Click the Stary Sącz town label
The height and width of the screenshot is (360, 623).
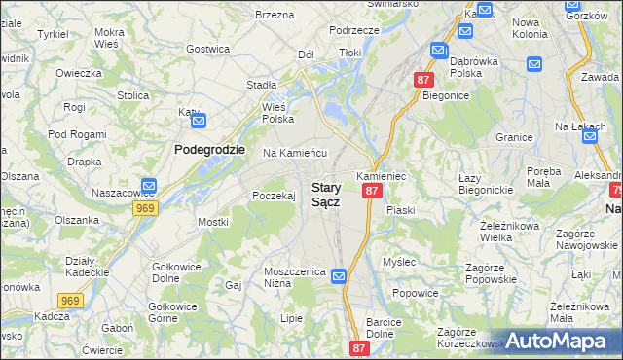point(326,194)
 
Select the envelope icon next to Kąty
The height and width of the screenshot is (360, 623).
point(199,122)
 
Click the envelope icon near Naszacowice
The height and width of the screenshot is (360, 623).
point(149,186)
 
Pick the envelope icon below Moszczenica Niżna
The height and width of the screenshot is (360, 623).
point(338,277)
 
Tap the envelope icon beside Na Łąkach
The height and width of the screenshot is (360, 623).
point(590,137)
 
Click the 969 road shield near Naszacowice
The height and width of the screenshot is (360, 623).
point(146,208)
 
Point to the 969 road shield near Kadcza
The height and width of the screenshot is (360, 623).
point(69,302)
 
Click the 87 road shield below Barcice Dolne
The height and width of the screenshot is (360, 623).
point(360,348)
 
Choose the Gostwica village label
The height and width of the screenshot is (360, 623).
point(207,49)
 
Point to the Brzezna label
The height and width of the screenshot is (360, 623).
point(275,15)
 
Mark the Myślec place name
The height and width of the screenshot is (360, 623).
point(399,262)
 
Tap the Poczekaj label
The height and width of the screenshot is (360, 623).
point(274,196)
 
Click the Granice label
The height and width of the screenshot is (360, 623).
point(513,137)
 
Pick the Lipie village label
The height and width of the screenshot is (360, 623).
point(291,317)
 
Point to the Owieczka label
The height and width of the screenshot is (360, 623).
point(79,73)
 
